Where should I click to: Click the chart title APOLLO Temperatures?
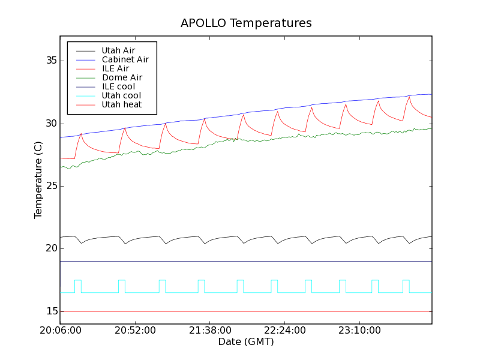246,23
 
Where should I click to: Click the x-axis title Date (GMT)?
246,342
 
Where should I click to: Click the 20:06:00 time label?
60,331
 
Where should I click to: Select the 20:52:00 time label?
135,331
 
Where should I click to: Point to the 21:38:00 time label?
209,331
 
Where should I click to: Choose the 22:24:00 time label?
284,331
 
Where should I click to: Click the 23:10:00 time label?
359,331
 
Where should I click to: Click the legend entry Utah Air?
118,50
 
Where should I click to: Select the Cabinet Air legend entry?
125,59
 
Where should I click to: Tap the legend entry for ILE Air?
115,68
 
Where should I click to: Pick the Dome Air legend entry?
122,77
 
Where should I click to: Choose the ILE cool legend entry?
118,86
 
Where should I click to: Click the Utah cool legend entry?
121,95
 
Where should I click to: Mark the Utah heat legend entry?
121,104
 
